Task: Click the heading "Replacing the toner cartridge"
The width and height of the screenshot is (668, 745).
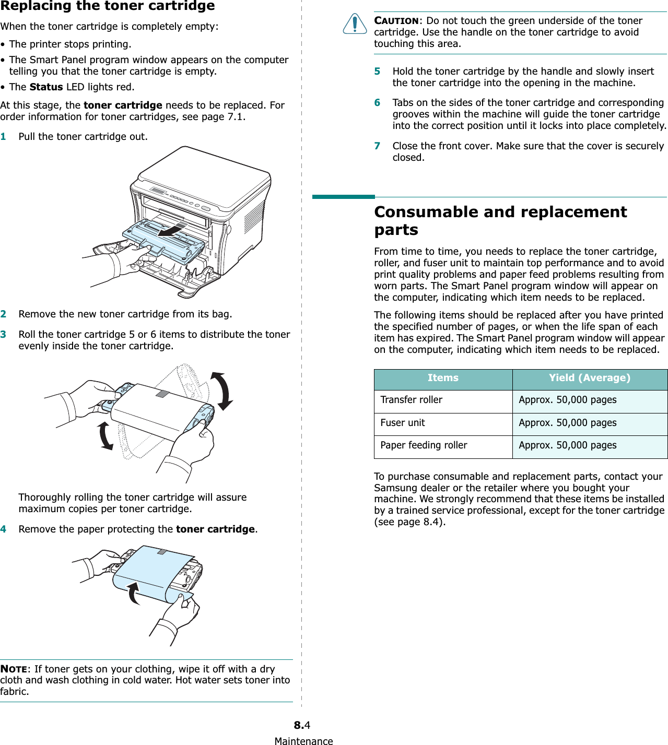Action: point(108,6)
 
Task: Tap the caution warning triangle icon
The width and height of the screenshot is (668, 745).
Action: point(355,24)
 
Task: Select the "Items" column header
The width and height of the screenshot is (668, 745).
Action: point(443,378)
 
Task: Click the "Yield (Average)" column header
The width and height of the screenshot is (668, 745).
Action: point(589,378)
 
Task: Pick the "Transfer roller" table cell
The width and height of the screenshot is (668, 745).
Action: point(411,400)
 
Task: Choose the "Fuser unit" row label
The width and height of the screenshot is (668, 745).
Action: point(402,423)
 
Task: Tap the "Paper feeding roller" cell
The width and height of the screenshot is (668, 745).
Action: point(424,445)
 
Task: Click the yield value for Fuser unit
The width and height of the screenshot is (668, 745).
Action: point(567,423)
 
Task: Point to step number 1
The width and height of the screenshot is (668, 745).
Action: point(3,137)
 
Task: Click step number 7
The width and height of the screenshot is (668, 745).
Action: point(377,146)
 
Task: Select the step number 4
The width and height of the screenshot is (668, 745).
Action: point(3,529)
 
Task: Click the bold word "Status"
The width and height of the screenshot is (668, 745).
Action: point(46,87)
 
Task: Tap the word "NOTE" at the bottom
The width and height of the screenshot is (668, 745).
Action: point(14,669)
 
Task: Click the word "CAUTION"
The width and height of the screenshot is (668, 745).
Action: point(396,21)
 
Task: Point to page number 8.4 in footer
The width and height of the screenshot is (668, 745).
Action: point(302,725)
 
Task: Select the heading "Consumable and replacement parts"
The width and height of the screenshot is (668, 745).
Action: point(500,220)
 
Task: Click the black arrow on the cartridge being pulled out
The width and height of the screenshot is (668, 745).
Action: point(171,230)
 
